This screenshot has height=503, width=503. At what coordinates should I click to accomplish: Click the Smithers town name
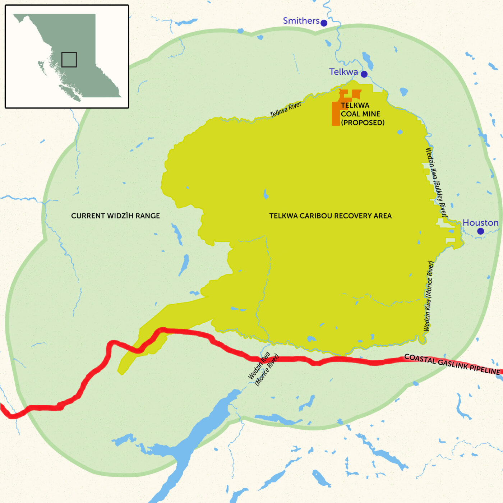tap(301, 21)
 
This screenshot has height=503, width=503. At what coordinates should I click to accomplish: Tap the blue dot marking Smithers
tap(324, 23)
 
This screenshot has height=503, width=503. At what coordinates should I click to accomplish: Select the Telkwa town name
tap(343, 72)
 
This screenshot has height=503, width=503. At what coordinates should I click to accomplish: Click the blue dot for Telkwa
tap(364, 74)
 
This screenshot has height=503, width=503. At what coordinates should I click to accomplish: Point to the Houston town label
tap(480, 223)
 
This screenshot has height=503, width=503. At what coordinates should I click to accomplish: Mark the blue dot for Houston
tap(480, 231)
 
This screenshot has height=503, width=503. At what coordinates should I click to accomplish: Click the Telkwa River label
tap(286, 110)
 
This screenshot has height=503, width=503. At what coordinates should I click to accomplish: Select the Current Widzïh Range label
tap(115, 216)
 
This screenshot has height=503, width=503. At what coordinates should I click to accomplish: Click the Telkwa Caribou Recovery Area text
tap(330, 216)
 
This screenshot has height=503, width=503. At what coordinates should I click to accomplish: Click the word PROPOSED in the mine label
tap(363, 123)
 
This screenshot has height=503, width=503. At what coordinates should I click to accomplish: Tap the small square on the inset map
tap(69, 60)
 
